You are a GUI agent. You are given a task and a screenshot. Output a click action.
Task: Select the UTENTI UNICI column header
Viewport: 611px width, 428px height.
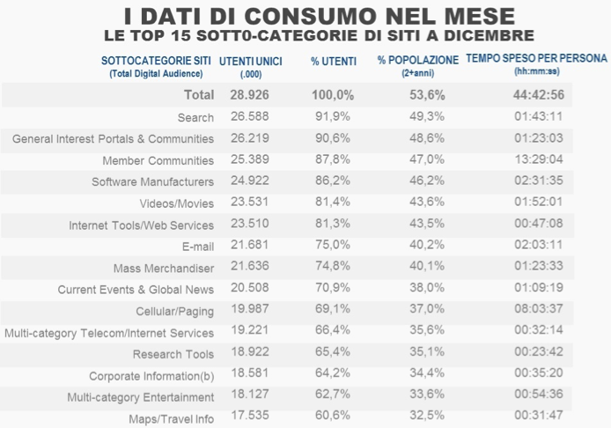tap(251, 60)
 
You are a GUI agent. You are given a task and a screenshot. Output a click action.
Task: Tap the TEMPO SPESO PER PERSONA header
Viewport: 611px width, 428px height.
tap(536, 59)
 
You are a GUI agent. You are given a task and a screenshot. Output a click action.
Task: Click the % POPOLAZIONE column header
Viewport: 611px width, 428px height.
tap(418, 60)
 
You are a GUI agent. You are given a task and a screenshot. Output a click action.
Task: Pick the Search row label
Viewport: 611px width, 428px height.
tap(195, 117)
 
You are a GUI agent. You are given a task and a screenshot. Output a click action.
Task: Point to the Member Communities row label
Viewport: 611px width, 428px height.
tap(158, 160)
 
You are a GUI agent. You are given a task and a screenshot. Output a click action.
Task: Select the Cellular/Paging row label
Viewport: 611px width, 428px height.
tap(174, 311)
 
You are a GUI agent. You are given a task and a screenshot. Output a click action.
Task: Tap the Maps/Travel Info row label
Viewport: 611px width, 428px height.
tap(171, 419)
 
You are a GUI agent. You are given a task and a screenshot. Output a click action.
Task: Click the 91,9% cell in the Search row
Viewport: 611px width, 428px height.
tap(332, 116)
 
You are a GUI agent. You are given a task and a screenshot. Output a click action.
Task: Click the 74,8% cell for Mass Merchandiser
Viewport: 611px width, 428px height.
tap(332, 267)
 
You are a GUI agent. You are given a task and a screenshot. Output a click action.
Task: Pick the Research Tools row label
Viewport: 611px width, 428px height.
tap(173, 354)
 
